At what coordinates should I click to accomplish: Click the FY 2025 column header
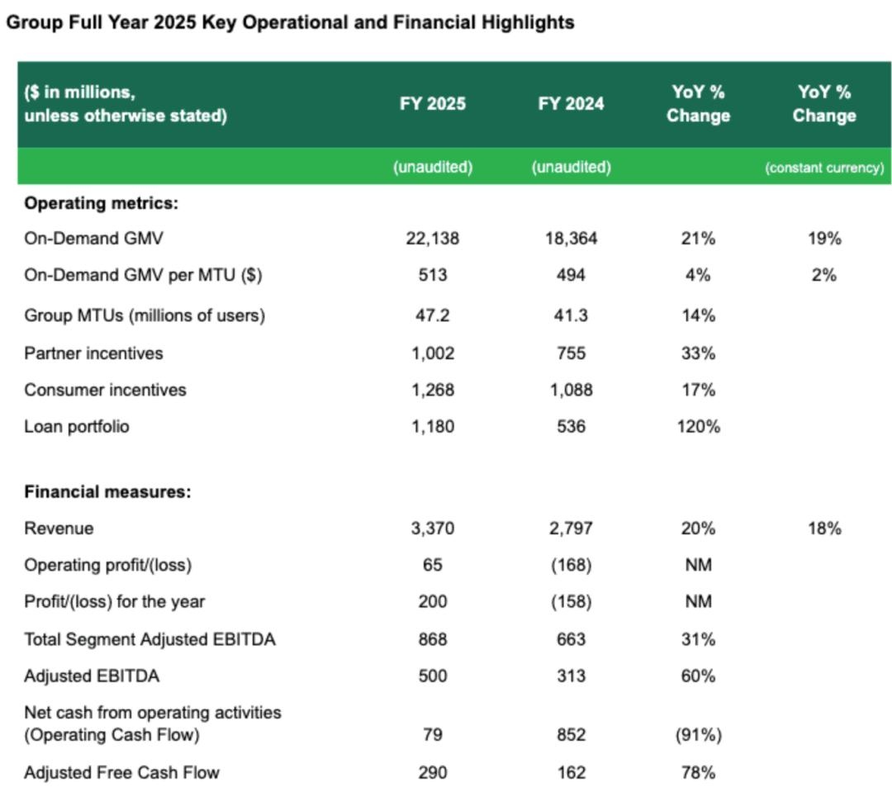coord(433,104)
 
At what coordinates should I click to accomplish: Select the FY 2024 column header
coord(571,104)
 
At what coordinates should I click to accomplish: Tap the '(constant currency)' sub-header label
coord(823,168)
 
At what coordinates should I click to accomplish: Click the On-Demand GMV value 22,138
coord(433,239)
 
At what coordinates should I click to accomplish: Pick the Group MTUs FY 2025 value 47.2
coord(433,315)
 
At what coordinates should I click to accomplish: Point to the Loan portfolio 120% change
coord(698,427)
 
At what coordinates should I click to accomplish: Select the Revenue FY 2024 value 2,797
coord(571,529)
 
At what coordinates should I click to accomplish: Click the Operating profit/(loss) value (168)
coord(571,566)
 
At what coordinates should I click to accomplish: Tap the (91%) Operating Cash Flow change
coord(698,735)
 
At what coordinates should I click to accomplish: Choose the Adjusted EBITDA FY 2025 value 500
coord(433,676)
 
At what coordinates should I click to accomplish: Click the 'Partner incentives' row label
coord(93,353)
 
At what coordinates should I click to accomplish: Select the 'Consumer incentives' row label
coord(105,390)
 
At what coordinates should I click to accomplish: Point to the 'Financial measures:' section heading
coord(107,492)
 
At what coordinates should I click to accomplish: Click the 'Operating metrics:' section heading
coord(101,203)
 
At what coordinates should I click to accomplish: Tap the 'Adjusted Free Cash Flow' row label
coord(121,773)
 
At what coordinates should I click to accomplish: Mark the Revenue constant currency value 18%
coord(824,529)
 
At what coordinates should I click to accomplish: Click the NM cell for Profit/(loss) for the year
coord(698,602)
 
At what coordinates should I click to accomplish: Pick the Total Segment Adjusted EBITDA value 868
coord(433,639)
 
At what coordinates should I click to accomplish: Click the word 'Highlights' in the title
coord(529,22)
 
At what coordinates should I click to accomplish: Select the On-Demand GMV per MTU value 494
coord(571,275)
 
